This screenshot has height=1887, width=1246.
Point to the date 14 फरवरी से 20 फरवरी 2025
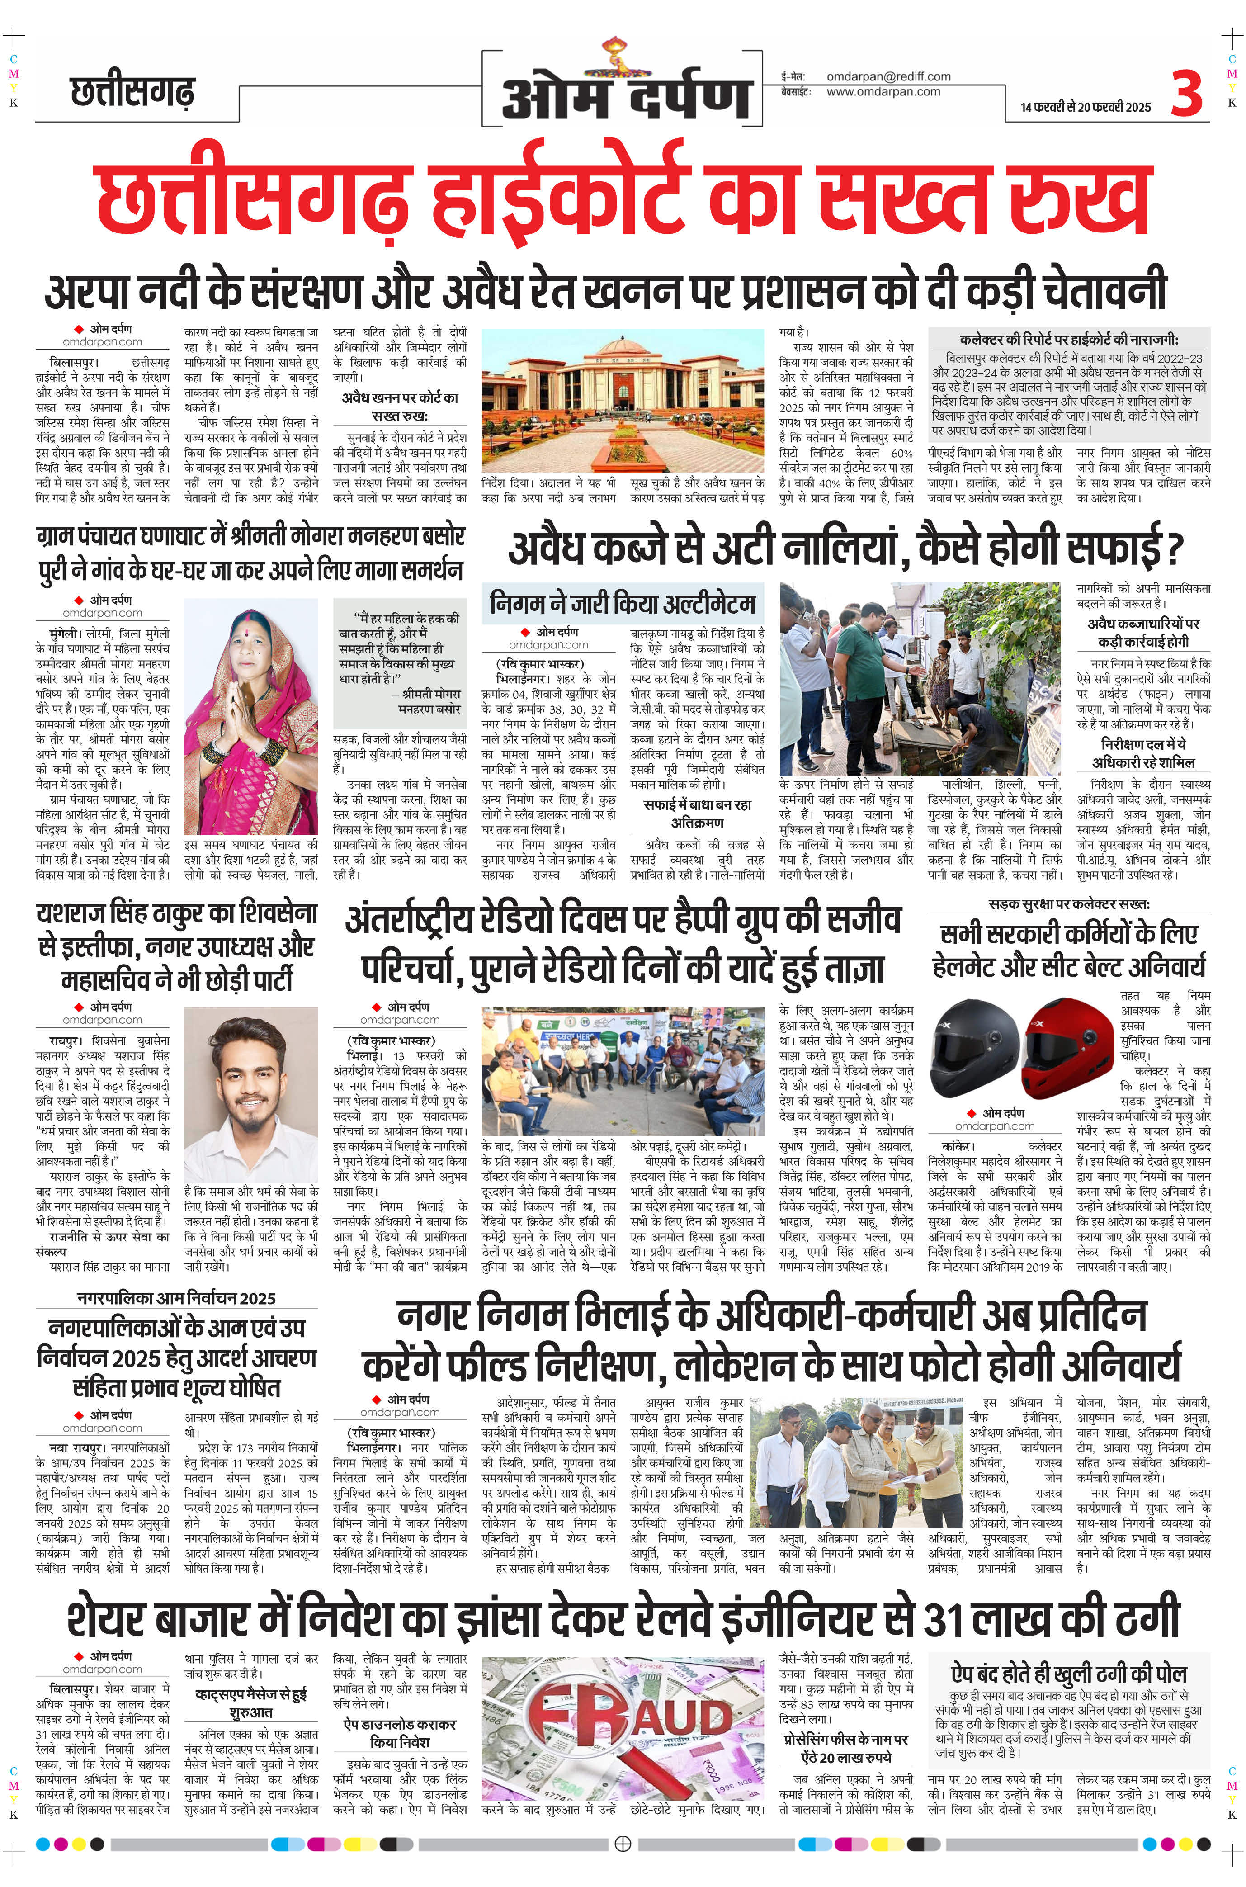click(1086, 107)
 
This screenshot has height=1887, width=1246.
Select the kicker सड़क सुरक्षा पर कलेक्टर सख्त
click(1069, 904)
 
